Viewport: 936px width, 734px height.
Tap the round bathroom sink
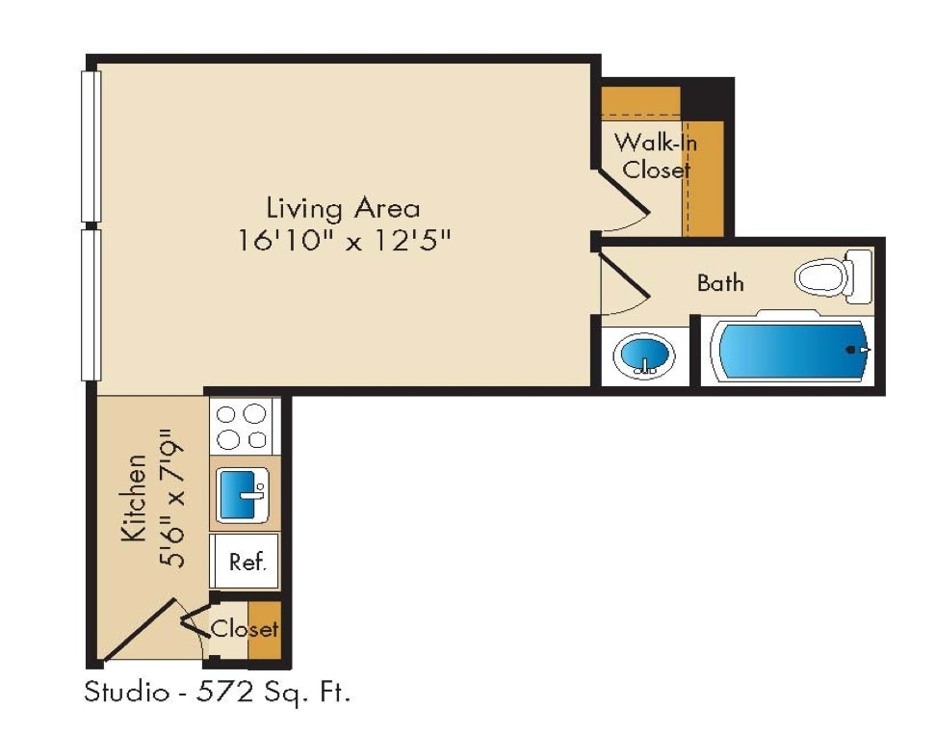pyautogui.click(x=644, y=355)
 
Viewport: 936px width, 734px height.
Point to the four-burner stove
pyautogui.click(x=242, y=426)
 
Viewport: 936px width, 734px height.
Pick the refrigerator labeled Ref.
pyautogui.click(x=246, y=562)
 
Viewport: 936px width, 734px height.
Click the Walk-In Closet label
pyautogui.click(x=656, y=157)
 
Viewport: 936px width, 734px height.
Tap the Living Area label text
pyautogui.click(x=343, y=208)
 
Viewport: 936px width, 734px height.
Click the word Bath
pyautogui.click(x=720, y=283)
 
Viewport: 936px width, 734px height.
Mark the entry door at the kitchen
pyautogui.click(x=140, y=631)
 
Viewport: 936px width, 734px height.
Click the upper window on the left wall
pyautogui.click(x=91, y=144)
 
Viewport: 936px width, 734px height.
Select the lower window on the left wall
pyautogui.click(x=91, y=304)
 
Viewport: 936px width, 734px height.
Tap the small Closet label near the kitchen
pyautogui.click(x=245, y=630)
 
